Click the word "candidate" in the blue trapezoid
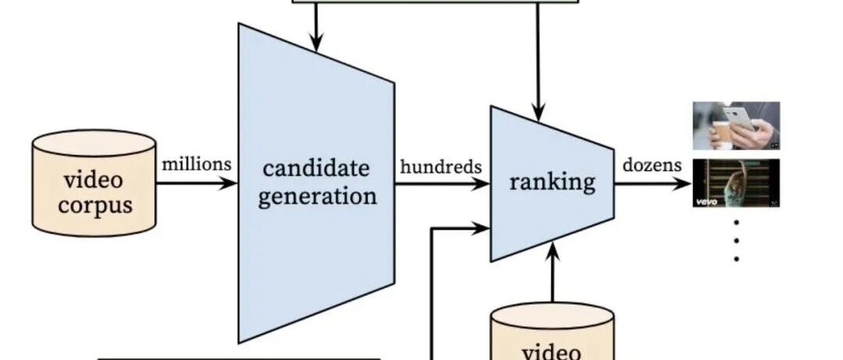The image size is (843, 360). (315, 168)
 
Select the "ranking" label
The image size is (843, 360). (552, 182)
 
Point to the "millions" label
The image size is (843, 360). (197, 164)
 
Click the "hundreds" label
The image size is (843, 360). (441, 166)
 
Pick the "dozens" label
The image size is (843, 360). (653, 166)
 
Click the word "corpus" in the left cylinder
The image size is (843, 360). (94, 206)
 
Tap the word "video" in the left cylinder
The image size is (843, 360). (94, 180)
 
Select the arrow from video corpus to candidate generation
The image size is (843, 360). (196, 184)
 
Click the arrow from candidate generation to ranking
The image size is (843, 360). (442, 185)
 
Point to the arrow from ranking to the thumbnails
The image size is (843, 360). (653, 184)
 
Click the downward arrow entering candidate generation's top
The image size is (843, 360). (316, 28)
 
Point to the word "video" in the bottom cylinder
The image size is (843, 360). (551, 351)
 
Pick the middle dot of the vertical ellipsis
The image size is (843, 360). (737, 240)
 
